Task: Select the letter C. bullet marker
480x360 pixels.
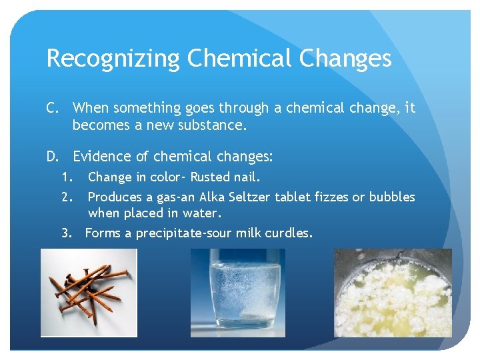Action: tap(53, 108)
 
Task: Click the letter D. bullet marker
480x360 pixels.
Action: tap(53, 157)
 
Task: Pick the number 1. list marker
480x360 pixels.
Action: tap(66, 177)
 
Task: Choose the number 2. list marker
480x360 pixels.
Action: tap(66, 197)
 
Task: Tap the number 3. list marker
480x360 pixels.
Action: tap(66, 233)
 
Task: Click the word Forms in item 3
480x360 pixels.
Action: tap(102, 233)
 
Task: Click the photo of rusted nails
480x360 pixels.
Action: tap(89, 293)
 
